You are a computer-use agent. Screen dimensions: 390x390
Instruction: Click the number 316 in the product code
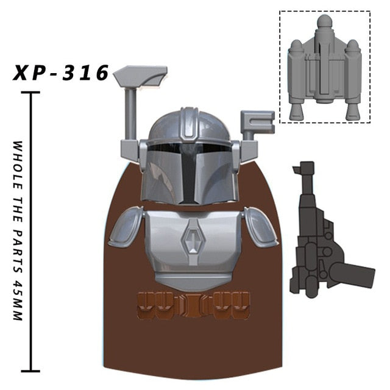point(85,73)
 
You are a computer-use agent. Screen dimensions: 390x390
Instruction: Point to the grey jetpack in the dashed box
point(325,67)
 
